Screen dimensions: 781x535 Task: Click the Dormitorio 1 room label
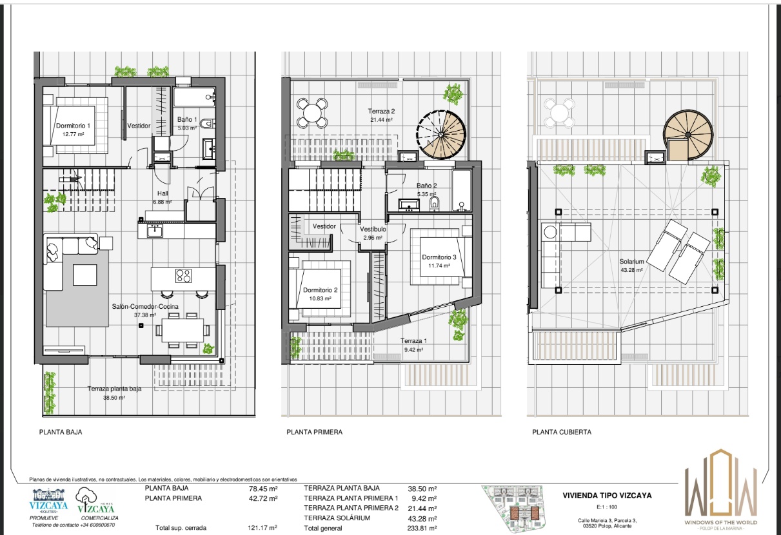tap(74, 126)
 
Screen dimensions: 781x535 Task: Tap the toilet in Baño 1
tap(207, 123)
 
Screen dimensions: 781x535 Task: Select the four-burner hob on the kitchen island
tap(183, 276)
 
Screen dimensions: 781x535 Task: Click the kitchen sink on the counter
tap(155, 231)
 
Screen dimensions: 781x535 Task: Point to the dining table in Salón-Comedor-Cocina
tap(183, 330)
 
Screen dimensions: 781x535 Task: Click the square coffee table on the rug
tap(84, 275)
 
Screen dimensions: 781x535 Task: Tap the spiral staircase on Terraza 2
tap(441, 135)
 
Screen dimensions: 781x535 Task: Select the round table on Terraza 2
tap(312, 113)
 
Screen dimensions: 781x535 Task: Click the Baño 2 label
tap(426, 186)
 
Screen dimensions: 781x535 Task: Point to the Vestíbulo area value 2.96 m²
tap(373, 238)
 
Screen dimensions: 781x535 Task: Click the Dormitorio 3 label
tap(439, 257)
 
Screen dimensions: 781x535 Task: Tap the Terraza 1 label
tap(413, 340)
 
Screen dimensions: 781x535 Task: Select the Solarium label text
tap(631, 262)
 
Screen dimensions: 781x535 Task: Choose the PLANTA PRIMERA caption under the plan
tap(315, 432)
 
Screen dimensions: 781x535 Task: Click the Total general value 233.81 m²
tap(422, 528)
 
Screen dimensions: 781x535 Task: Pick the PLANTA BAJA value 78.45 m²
tap(263, 489)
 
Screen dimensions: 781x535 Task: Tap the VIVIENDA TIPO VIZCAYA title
tap(607, 496)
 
